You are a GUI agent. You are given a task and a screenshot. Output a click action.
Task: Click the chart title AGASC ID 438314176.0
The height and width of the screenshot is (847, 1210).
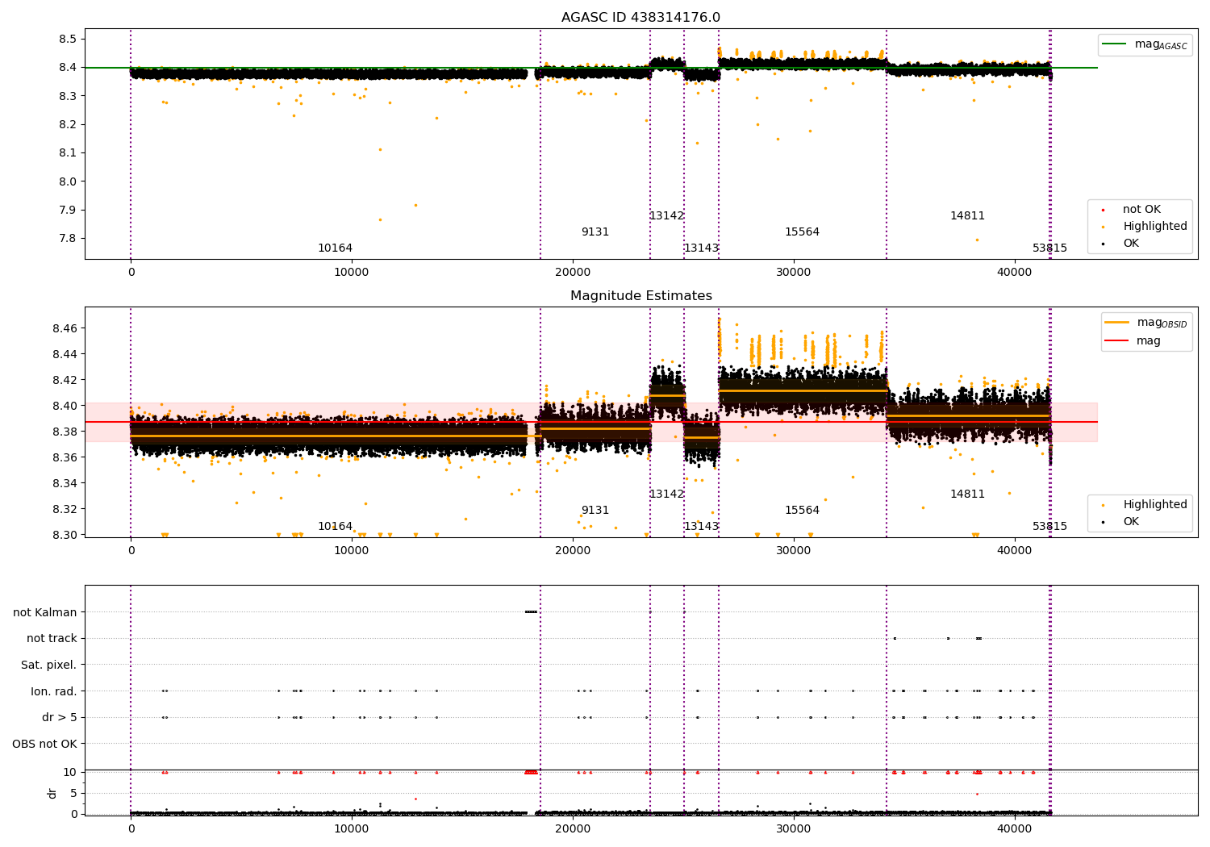(640, 18)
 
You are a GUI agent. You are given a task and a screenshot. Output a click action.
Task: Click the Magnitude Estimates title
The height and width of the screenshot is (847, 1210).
(640, 296)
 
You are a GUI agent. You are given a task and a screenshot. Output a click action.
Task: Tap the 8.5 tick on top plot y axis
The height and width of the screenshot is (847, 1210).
(68, 39)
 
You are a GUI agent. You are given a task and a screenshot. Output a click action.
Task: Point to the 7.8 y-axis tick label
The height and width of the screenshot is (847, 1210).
(68, 238)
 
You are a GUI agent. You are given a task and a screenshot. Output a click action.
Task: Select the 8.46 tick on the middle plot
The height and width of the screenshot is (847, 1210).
(64, 328)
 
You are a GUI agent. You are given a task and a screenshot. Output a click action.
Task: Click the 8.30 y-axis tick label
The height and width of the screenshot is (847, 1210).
(64, 535)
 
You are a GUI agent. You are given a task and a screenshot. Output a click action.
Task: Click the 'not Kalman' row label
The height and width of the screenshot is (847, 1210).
(45, 612)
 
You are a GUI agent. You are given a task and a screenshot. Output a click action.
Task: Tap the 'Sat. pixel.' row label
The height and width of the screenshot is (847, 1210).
(48, 665)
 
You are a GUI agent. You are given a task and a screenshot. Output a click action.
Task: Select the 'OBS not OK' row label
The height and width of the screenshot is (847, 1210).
(44, 744)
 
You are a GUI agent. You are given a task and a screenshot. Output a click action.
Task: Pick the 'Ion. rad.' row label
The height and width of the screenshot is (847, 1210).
(54, 691)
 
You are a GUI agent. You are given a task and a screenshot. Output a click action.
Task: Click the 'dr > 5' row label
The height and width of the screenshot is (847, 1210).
(60, 717)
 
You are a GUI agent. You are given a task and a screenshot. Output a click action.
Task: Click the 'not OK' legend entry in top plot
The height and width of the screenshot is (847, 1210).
(1141, 210)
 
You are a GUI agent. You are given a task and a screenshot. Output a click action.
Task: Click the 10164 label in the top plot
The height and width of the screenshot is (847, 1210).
(335, 248)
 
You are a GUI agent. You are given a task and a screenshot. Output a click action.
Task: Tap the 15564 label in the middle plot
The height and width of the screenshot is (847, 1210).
(802, 511)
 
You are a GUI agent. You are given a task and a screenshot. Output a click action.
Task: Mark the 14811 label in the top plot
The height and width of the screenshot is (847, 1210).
(967, 216)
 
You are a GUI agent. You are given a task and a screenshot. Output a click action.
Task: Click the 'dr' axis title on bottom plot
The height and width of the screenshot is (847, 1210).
(52, 793)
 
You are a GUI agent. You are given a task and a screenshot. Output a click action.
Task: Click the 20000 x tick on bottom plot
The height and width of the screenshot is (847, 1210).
(573, 828)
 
